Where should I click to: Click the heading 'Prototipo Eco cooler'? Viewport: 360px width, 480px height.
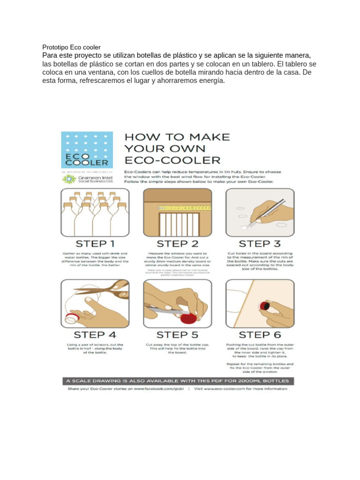pos(71,47)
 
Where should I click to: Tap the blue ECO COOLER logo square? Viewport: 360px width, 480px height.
pos(87,150)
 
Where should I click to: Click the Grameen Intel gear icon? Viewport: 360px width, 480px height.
pos(69,179)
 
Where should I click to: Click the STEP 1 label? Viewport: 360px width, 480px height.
pos(95,244)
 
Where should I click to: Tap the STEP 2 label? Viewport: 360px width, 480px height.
pos(177,244)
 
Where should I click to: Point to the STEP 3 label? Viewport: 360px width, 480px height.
pos(260,244)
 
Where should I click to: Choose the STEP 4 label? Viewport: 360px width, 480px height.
pos(95,335)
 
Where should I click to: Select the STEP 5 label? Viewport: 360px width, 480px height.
pos(177,335)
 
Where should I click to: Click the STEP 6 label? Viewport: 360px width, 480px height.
pos(260,335)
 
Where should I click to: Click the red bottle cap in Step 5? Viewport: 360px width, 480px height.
pos(188,319)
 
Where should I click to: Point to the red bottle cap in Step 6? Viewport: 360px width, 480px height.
pos(264,306)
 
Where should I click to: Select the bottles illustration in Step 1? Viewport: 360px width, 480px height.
pos(95,212)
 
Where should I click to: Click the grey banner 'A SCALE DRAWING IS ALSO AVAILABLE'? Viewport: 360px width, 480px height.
pos(177,380)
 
